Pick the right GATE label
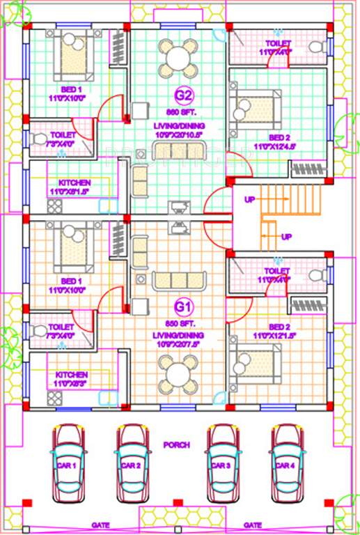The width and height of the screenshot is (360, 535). pos(253,525)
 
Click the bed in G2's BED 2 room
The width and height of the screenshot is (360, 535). pos(250,111)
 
